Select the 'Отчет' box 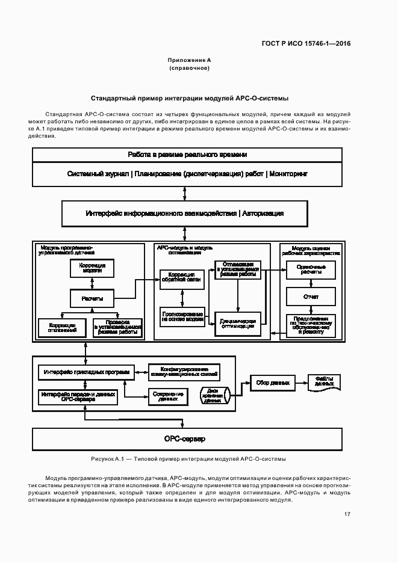click(311, 297)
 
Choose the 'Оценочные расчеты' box click(311, 270)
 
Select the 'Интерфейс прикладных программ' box click(86, 372)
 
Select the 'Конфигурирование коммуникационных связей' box click(184, 372)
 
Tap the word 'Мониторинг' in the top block click(288, 174)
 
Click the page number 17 click(347, 514)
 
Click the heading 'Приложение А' click(189, 61)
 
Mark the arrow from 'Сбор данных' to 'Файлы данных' click(300, 383)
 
